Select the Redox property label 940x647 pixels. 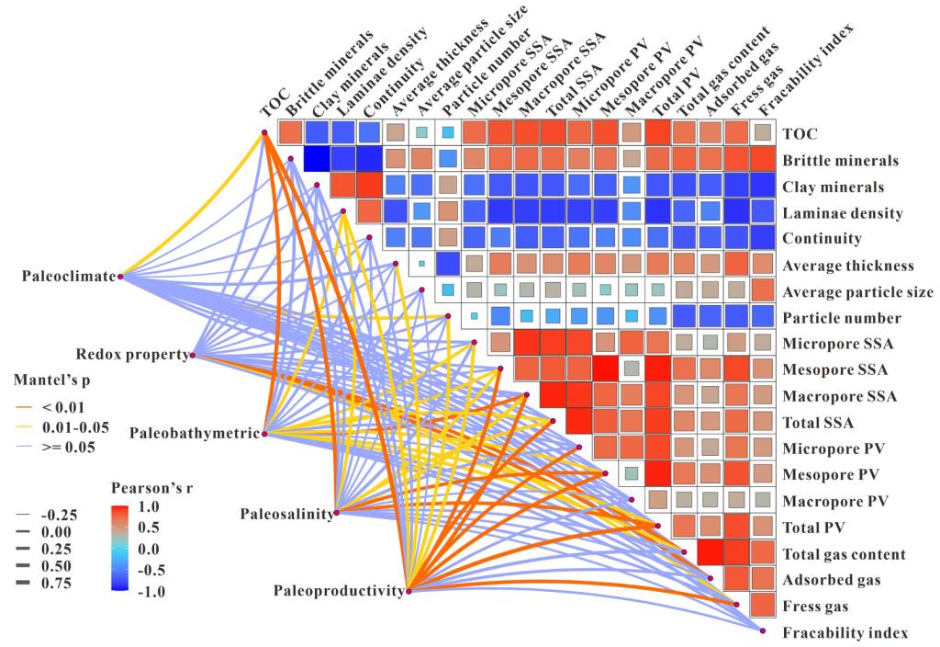130,354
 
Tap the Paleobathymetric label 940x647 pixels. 195,433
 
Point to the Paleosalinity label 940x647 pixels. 287,513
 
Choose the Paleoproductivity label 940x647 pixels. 339,591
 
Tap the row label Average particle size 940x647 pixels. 857,292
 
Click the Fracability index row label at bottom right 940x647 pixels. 845,633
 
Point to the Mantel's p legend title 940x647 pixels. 53,378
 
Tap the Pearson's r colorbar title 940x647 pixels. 153,486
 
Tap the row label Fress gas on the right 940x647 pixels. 814,607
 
